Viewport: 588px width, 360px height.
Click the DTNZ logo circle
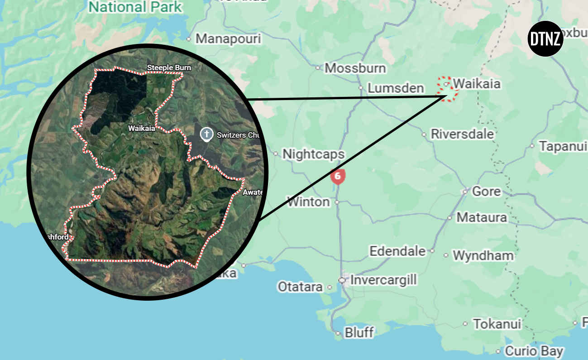click(545, 39)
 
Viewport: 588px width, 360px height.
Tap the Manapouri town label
click(228, 39)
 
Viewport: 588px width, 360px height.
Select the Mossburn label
click(355, 68)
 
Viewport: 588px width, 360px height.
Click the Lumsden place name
click(396, 88)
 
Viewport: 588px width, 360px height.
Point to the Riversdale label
click(462, 134)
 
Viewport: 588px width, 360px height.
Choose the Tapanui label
click(563, 146)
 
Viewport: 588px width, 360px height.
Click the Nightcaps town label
click(313, 154)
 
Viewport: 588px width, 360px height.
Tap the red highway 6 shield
click(338, 176)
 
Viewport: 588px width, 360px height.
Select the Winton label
click(308, 202)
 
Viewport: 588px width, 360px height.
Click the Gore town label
click(486, 191)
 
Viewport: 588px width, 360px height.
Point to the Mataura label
click(482, 217)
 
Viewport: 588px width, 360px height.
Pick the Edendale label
click(397, 251)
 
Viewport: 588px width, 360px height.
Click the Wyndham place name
click(483, 256)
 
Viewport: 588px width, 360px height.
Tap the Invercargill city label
click(383, 280)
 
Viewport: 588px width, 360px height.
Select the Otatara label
click(300, 287)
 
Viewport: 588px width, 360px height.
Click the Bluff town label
click(359, 333)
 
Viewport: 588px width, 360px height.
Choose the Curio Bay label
click(534, 351)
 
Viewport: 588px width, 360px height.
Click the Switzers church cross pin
click(206, 134)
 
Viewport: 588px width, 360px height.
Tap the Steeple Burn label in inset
click(169, 68)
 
